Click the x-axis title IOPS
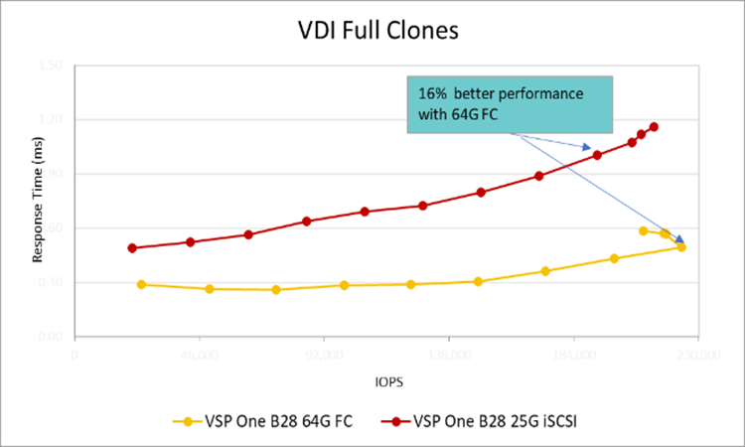click(388, 380)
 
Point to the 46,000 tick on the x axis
click(200, 352)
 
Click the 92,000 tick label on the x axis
click(325, 352)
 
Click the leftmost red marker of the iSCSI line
click(132, 248)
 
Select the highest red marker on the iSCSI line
click(654, 127)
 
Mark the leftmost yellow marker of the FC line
click(141, 285)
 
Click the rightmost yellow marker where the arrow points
click(681, 247)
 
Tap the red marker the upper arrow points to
click(597, 155)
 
